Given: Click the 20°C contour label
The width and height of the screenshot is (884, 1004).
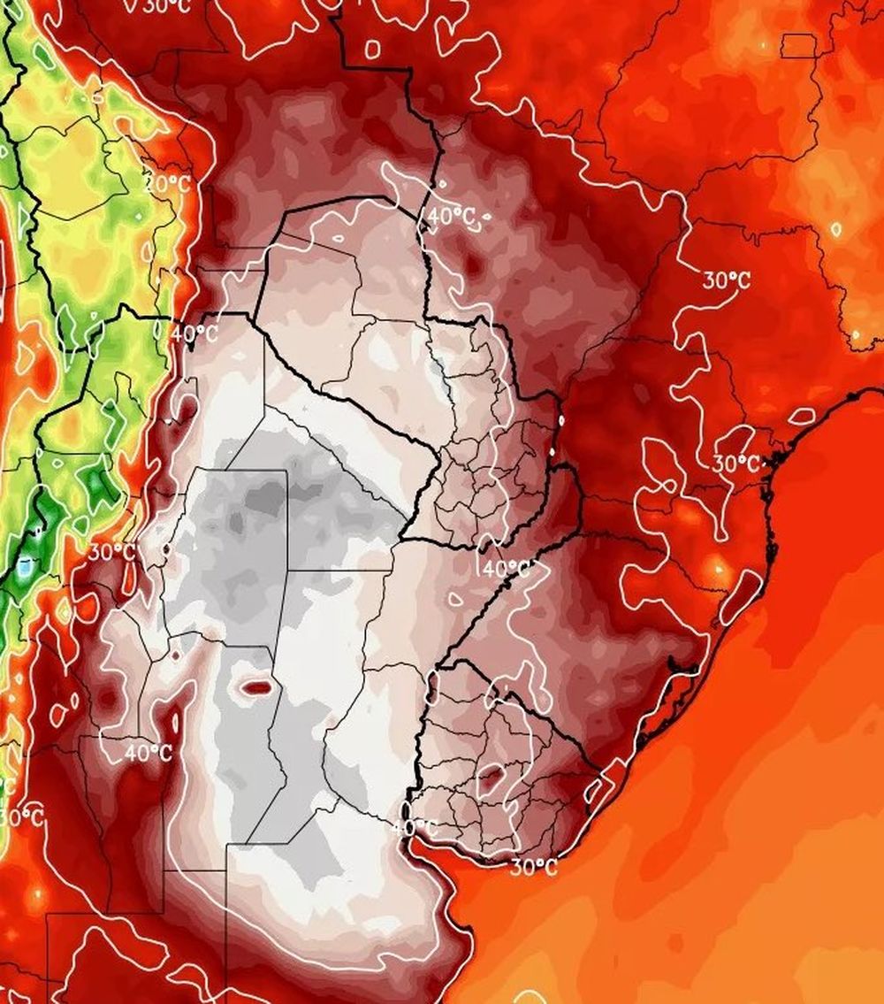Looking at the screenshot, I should pos(167,185).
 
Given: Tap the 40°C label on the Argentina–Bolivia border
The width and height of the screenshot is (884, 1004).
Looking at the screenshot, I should pos(194,333).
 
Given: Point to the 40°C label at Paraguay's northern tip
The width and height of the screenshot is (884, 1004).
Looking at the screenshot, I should pos(451,216).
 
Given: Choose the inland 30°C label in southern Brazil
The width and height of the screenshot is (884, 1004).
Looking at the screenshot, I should pos(727,280).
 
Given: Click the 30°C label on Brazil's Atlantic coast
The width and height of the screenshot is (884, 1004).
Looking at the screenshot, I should pos(736,463).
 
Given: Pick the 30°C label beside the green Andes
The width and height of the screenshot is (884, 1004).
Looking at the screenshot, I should pos(112,552).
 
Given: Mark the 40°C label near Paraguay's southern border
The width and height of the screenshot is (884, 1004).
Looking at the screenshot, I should pos(506,568).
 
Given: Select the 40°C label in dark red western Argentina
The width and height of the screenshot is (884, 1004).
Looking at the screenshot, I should pos(148,753).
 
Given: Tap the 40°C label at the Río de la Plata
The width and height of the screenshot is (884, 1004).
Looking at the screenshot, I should pos(415,828).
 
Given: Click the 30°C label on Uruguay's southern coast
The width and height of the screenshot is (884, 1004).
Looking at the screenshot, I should pos(534,867).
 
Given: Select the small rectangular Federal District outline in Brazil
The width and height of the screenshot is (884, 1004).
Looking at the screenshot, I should pos(798,45).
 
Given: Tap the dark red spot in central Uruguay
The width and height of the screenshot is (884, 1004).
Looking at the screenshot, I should pos(493,778).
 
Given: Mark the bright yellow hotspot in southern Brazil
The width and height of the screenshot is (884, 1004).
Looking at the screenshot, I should pos(717,568).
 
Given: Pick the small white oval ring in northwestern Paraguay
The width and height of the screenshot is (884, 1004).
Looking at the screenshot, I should pos(337,238).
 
